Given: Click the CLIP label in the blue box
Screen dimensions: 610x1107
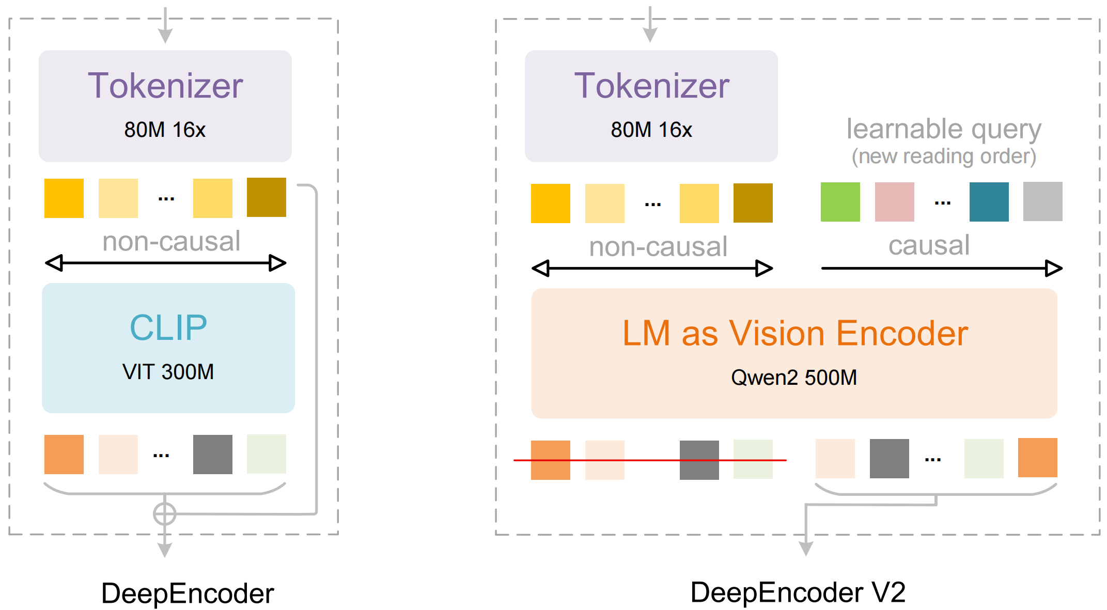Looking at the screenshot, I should click(168, 327).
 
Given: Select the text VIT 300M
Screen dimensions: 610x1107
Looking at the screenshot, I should click(168, 372).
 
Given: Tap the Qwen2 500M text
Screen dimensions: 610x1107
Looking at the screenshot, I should click(793, 378).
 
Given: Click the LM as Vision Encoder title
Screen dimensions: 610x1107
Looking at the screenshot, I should click(794, 333).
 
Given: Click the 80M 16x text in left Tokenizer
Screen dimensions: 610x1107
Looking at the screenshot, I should click(165, 130).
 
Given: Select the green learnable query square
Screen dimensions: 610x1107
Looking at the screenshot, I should click(840, 202).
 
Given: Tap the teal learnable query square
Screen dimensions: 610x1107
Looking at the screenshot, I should click(989, 202).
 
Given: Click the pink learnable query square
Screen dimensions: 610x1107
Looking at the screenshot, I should click(894, 202).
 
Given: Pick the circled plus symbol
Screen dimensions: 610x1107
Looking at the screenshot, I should click(164, 514).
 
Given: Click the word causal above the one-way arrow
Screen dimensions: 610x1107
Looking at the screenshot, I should click(928, 245).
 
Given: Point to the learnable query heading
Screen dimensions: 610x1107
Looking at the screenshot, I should click(943, 129).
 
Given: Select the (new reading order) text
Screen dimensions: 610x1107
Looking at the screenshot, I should click(943, 156).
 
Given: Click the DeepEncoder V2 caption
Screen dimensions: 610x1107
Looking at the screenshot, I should click(798, 592).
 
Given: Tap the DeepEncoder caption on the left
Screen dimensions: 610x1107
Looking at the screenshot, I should click(187, 593).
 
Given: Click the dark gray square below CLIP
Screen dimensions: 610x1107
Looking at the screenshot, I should click(212, 454).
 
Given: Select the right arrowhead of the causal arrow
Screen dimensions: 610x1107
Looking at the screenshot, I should click(1053, 268).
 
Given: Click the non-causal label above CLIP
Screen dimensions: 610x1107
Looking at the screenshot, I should click(171, 241).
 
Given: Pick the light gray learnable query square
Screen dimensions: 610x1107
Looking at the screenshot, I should click(1042, 201).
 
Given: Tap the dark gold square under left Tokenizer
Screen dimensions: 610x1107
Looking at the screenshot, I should click(266, 197).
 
